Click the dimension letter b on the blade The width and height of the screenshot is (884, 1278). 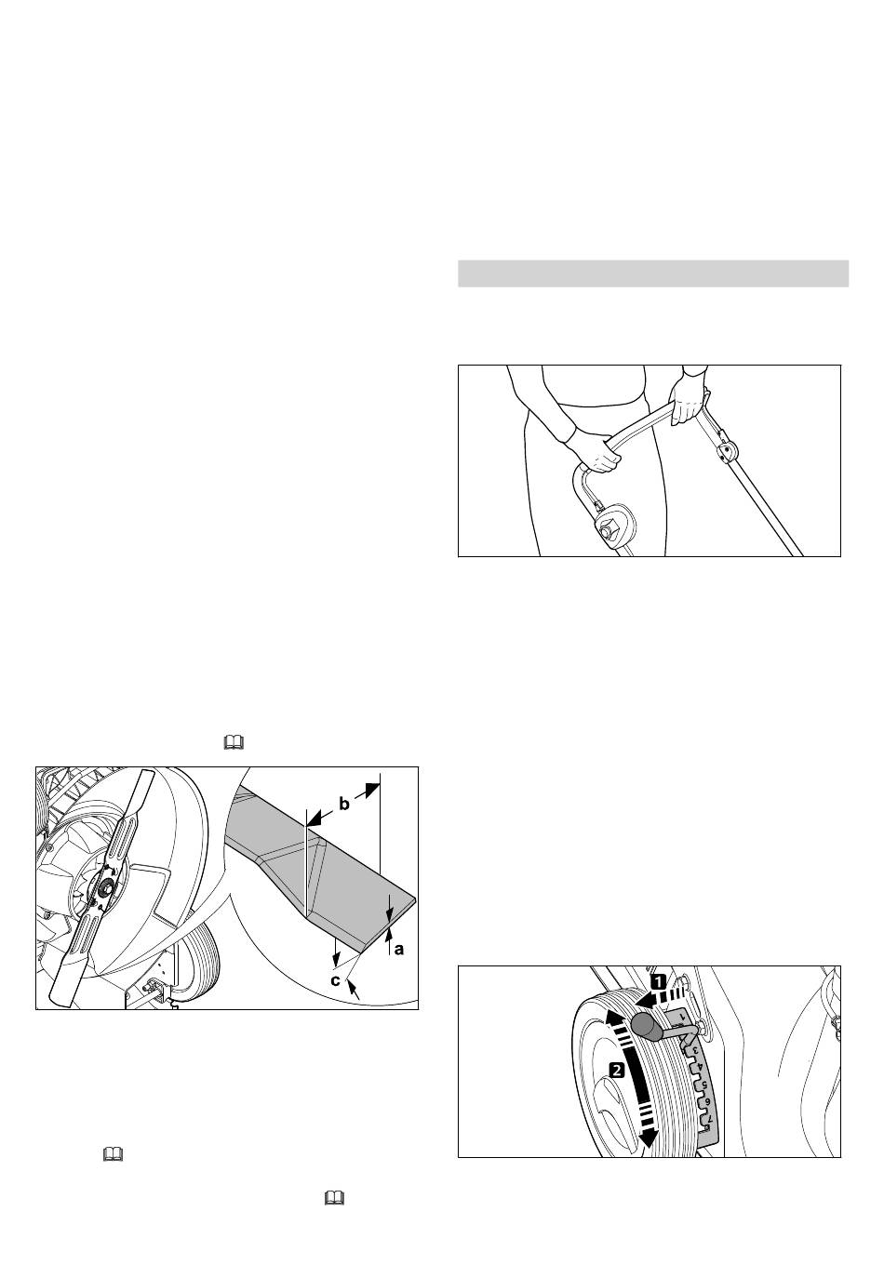(x=343, y=804)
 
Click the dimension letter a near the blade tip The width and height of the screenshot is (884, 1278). (x=398, y=948)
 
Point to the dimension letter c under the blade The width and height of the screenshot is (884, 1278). (x=336, y=980)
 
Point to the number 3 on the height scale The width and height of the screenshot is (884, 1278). (x=694, y=1049)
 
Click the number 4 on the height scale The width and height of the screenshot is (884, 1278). (x=701, y=1066)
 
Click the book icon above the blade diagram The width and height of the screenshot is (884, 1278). (x=234, y=742)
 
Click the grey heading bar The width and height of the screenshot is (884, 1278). (x=653, y=273)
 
